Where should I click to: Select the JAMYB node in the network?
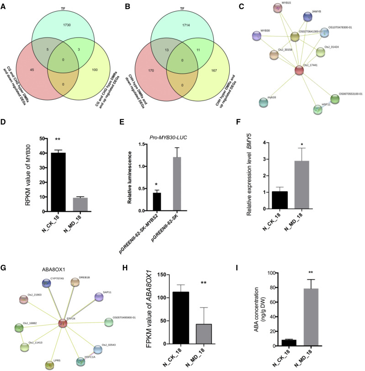[x=307, y=16]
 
